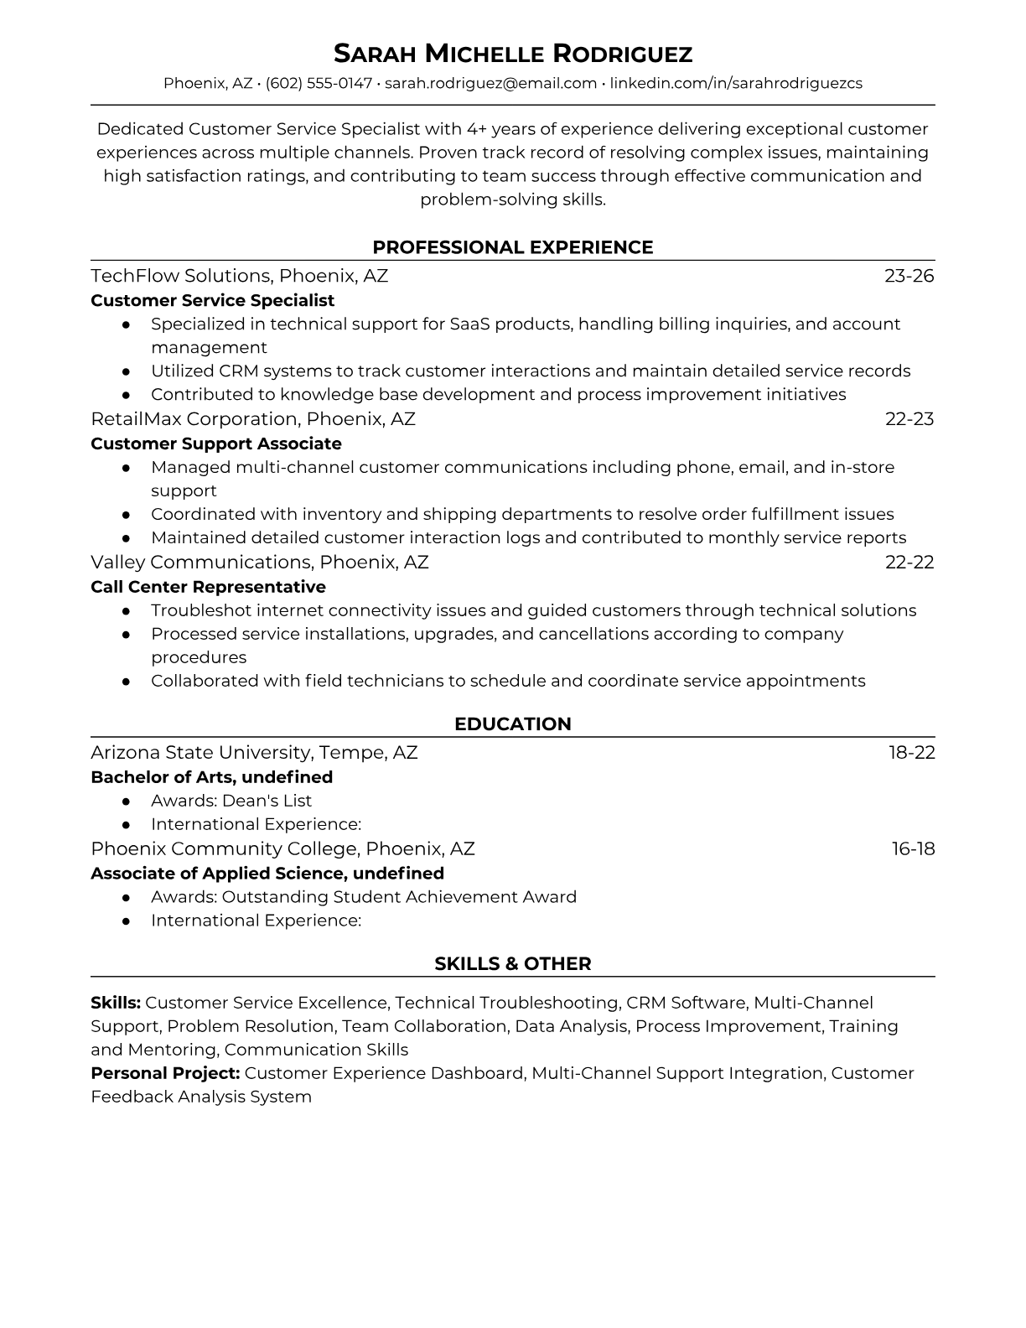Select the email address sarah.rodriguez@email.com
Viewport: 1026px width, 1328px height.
coord(490,83)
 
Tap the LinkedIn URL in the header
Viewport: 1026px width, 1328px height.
coord(735,83)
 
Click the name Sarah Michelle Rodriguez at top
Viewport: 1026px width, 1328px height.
coord(513,54)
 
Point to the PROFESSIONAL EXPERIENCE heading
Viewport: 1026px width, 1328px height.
coord(513,247)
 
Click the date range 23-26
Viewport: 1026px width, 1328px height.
coord(909,276)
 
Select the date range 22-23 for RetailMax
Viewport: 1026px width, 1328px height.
coord(909,419)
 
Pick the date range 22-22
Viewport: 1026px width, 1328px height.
coord(909,563)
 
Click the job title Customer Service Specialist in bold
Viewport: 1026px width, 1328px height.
coord(212,300)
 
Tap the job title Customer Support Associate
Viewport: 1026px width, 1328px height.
coord(216,444)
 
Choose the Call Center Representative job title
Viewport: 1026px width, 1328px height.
coord(208,587)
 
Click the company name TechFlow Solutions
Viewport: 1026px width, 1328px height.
coord(179,276)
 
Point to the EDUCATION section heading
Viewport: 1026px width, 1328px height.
coord(513,724)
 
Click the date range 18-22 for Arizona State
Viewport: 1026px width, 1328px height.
coord(911,753)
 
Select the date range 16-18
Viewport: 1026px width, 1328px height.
coord(913,849)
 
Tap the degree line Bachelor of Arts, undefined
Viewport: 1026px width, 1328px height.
coord(211,777)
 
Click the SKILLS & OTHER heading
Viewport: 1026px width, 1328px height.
coord(513,964)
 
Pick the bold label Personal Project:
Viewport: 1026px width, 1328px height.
coord(165,1073)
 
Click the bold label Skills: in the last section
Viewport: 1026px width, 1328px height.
coord(116,1003)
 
